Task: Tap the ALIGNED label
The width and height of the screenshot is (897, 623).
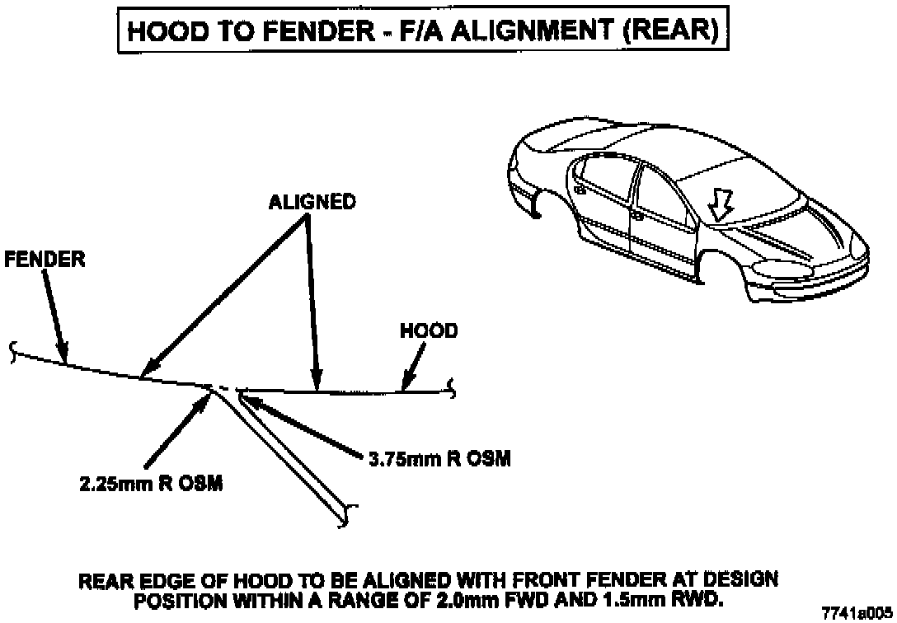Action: pos(312,201)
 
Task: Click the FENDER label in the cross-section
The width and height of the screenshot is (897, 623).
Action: pos(45,259)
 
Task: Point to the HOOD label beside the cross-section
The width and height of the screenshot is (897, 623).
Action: pos(429,330)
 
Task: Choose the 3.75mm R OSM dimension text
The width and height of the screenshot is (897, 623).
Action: pos(438,459)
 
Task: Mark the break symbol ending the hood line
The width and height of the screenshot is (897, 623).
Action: pos(450,386)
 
